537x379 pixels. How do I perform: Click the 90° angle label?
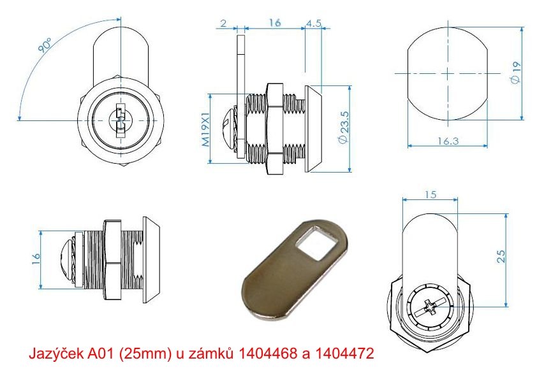coord(45,45)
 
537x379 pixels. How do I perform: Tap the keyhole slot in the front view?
coord(120,120)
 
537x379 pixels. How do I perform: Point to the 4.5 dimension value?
coord(313,24)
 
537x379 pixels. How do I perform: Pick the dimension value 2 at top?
coord(224,24)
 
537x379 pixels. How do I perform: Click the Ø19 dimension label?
coord(515,73)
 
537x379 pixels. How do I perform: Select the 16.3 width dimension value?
coord(448,141)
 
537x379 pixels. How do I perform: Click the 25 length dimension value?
coord(501,256)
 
